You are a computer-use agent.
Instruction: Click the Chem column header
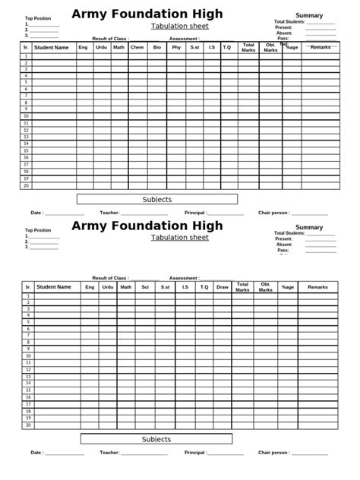(137, 48)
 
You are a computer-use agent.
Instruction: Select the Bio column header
(156, 48)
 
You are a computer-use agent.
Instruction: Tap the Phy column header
(176, 48)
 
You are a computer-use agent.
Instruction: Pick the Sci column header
(144, 287)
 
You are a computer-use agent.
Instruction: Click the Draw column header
(223, 287)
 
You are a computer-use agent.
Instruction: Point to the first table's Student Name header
(52, 48)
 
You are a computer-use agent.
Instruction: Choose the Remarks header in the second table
(317, 287)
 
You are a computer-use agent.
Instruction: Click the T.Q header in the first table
(226, 48)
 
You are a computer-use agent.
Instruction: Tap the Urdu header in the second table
(107, 287)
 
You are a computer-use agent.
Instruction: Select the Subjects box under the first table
(157, 200)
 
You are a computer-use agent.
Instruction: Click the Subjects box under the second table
(157, 439)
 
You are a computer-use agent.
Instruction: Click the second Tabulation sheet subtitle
(179, 238)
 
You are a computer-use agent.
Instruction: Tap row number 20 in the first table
(25, 186)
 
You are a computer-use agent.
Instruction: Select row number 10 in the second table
(28, 356)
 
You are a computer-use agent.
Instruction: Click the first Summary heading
(309, 15)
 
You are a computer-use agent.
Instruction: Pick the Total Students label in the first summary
(289, 21)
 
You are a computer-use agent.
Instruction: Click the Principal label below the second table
(194, 453)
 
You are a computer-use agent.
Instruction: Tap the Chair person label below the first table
(273, 213)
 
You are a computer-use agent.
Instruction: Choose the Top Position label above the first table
(38, 17)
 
